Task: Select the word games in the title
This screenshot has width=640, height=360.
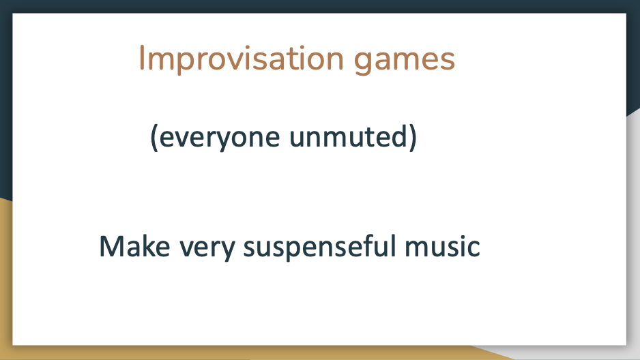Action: [x=404, y=62]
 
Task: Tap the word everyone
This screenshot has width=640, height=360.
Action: [x=220, y=138]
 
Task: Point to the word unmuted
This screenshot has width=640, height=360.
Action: [x=348, y=136]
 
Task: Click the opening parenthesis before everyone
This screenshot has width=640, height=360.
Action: [x=154, y=138]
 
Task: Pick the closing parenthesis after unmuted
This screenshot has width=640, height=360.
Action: [x=413, y=138]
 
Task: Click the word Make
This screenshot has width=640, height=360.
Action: [x=134, y=246]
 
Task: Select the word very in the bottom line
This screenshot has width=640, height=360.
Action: [x=207, y=249]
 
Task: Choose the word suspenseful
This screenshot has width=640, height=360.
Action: [x=319, y=247]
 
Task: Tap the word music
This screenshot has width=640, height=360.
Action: [x=442, y=246]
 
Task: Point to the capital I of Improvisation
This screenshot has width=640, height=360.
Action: [x=142, y=59]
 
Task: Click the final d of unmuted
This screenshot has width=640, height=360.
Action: [x=398, y=136]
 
